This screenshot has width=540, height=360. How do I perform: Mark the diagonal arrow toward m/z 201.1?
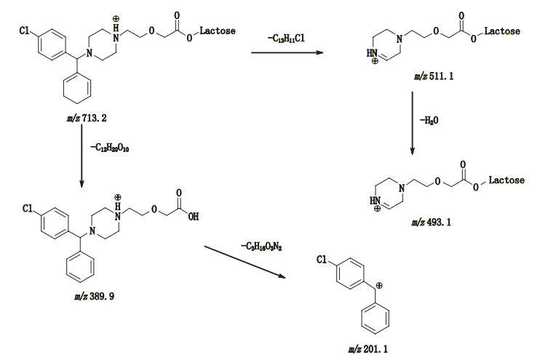[254, 268]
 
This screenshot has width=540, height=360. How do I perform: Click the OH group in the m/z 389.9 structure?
[194, 215]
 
